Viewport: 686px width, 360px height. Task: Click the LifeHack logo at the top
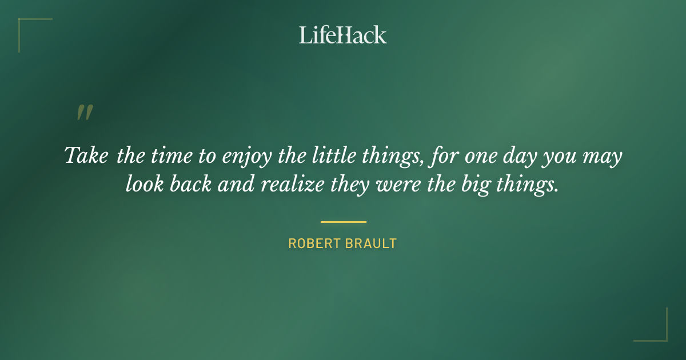click(342, 35)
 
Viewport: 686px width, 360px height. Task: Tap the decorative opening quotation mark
click(84, 113)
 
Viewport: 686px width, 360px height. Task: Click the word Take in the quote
click(86, 155)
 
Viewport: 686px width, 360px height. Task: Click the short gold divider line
click(343, 222)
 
